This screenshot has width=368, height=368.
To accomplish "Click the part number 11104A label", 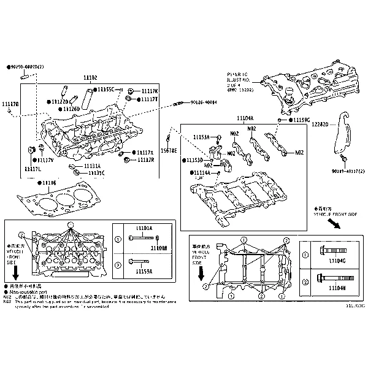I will tap(245, 118).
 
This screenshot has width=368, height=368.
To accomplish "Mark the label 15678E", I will tap(169, 150).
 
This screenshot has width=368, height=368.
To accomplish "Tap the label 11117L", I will tap(33, 168).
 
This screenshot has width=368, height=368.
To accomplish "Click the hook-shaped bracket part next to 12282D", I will tap(341, 138).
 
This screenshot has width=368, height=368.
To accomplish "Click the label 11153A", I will tap(201, 137).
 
